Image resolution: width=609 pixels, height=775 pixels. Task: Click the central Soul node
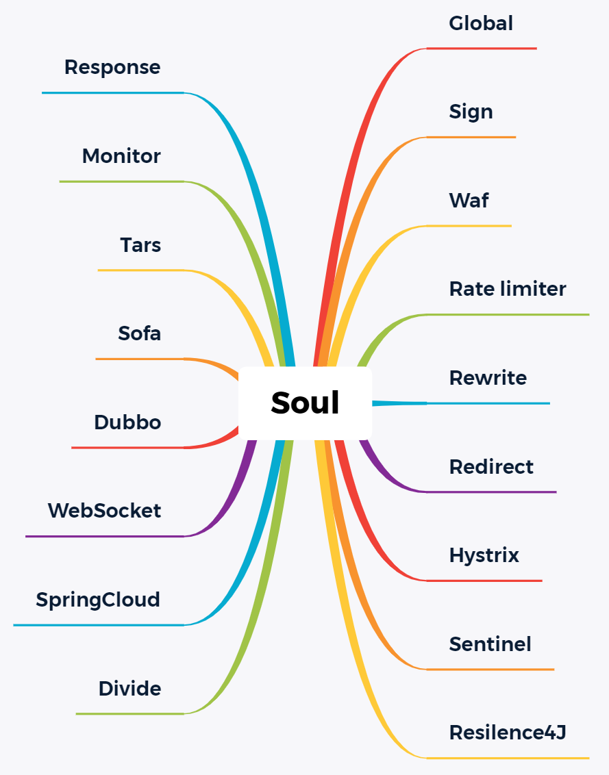click(305, 403)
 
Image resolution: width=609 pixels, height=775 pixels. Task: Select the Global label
click(481, 23)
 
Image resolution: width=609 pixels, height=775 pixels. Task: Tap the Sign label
click(471, 112)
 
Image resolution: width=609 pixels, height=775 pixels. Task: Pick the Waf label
click(469, 201)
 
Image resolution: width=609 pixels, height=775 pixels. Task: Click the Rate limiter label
click(508, 289)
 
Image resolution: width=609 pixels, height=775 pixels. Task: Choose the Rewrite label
click(488, 378)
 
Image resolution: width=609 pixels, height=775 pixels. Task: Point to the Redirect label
click(491, 467)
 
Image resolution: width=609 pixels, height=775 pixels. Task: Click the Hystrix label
click(484, 555)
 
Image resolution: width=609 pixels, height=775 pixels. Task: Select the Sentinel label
click(490, 644)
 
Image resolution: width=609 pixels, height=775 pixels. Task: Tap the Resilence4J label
click(508, 733)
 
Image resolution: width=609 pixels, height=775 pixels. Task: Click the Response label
click(112, 67)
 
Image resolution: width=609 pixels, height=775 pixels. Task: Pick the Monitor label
click(121, 156)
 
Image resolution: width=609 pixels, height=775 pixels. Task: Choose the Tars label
click(140, 245)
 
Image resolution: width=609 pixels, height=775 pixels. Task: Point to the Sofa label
click(140, 333)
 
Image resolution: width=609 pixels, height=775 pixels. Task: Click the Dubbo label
click(127, 422)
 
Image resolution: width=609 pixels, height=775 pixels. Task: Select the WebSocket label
click(104, 511)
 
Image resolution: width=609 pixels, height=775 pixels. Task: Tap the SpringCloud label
click(98, 600)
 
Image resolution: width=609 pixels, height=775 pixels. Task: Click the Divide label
click(129, 689)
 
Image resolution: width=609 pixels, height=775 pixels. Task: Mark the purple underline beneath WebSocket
click(103, 536)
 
